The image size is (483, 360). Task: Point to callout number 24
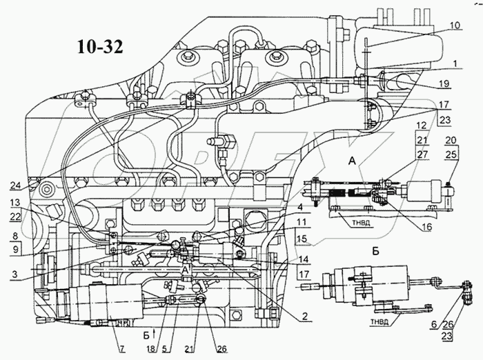(x=16, y=184)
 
